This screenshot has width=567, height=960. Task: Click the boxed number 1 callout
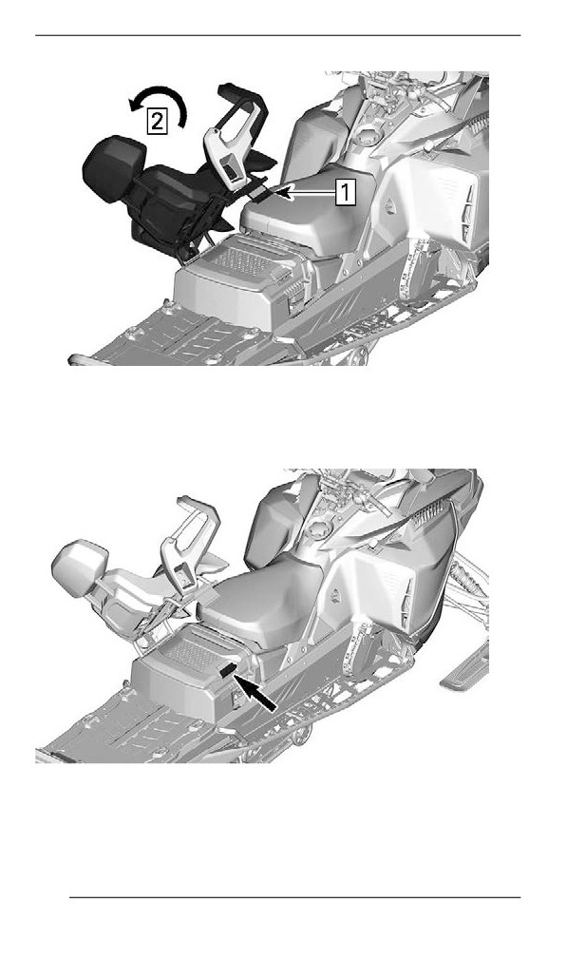click(x=346, y=192)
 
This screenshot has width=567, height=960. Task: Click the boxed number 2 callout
click(x=158, y=122)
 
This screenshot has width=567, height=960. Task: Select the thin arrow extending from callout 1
click(x=310, y=193)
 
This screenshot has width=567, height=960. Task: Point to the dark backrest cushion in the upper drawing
click(x=114, y=167)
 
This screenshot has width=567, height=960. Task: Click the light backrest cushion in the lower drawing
click(x=80, y=567)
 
